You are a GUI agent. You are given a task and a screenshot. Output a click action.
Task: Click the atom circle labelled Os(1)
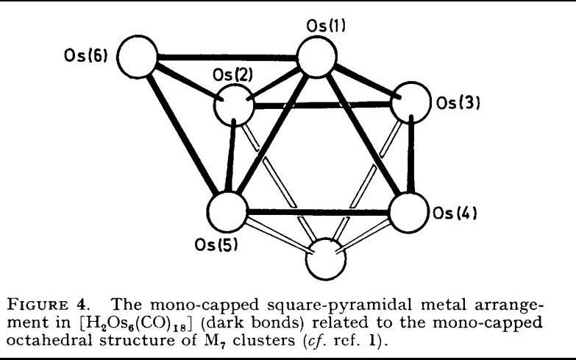point(317,57)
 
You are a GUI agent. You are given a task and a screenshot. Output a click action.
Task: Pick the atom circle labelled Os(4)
point(408,214)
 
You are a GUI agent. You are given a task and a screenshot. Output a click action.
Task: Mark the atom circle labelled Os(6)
point(138,56)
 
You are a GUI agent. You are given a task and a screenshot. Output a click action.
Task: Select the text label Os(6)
point(86,57)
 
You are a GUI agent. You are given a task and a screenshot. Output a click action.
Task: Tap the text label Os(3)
point(458,103)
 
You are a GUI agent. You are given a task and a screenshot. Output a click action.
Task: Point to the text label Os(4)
point(456,215)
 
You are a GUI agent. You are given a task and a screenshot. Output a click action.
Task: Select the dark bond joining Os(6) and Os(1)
point(227,57)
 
